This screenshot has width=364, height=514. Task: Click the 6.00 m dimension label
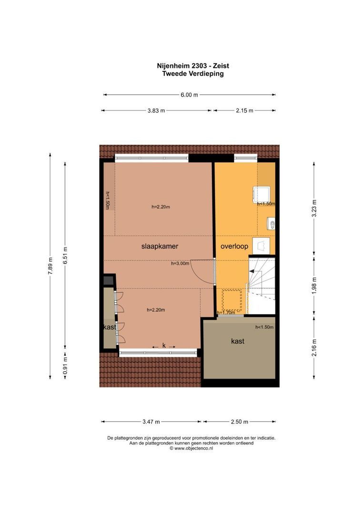click(x=189, y=95)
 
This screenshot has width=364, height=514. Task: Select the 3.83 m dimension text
click(x=156, y=110)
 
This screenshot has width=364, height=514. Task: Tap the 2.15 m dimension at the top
click(x=244, y=110)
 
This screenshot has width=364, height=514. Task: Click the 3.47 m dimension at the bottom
click(x=151, y=422)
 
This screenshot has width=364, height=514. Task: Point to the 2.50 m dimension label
click(x=239, y=422)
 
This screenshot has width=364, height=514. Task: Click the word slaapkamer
click(x=160, y=247)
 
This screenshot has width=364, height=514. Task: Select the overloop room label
click(x=233, y=247)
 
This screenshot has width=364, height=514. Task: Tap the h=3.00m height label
click(x=180, y=263)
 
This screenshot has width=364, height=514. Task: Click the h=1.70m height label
click(x=226, y=313)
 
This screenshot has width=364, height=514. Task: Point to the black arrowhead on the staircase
click(x=253, y=271)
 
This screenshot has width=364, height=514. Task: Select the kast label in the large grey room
click(x=238, y=341)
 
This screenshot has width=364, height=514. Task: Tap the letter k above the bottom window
click(x=164, y=346)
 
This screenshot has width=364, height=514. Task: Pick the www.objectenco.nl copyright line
click(x=191, y=448)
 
